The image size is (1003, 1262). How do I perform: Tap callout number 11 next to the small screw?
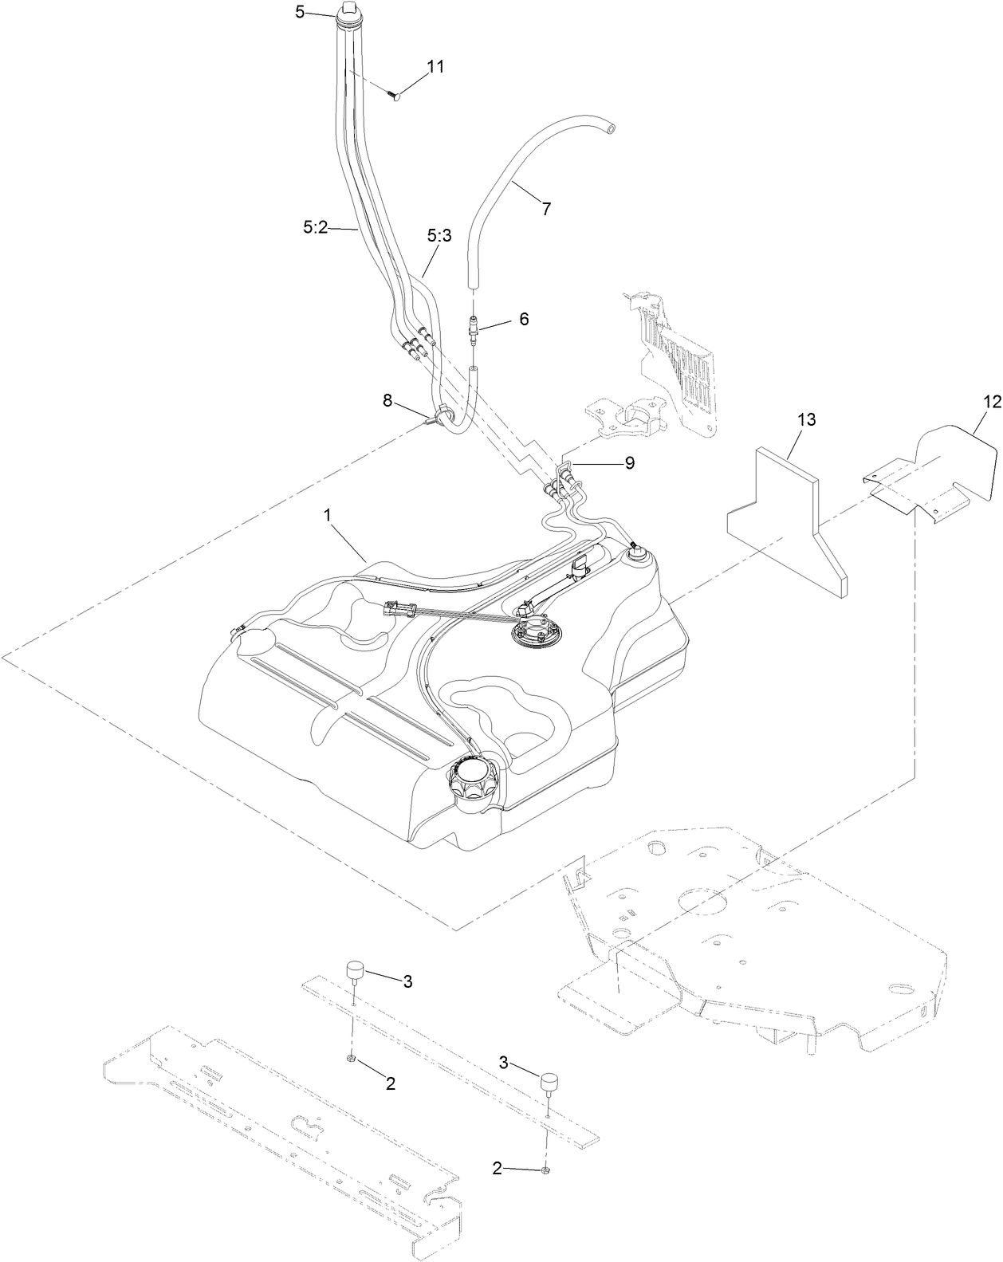(x=435, y=66)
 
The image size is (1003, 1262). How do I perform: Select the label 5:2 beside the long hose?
(x=315, y=227)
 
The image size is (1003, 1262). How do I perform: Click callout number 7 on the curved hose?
(x=545, y=209)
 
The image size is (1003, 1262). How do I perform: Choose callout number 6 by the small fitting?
(x=523, y=318)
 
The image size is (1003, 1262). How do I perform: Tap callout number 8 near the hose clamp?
(x=387, y=400)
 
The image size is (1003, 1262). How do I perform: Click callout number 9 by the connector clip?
(x=629, y=462)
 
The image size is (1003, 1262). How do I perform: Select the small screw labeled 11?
(x=394, y=96)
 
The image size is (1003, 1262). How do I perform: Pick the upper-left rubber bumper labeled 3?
(x=355, y=973)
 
